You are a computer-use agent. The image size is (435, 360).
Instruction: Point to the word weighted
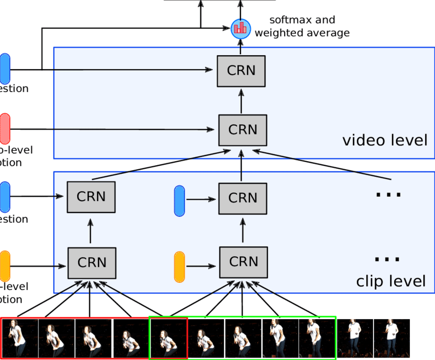(279, 33)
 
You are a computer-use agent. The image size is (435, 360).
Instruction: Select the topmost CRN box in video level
(241, 71)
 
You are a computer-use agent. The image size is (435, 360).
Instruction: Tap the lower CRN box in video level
(243, 130)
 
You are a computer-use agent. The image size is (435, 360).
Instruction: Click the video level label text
(384, 140)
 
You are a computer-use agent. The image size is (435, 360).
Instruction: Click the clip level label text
(390, 281)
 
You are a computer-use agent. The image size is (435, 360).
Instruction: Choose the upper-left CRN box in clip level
(91, 197)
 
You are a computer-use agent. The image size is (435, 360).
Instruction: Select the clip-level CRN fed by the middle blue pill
(243, 198)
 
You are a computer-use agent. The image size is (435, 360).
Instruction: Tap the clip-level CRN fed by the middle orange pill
(243, 262)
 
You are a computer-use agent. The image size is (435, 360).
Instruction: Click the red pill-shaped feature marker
(5, 128)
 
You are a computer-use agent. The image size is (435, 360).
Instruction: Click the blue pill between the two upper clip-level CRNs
(179, 200)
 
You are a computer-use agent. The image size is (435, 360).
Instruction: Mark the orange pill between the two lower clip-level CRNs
(179, 266)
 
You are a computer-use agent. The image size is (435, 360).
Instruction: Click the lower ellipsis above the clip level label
(387, 259)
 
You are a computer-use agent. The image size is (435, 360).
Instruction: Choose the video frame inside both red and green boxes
(168, 338)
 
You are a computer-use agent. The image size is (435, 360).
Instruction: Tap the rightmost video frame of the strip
(392, 338)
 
